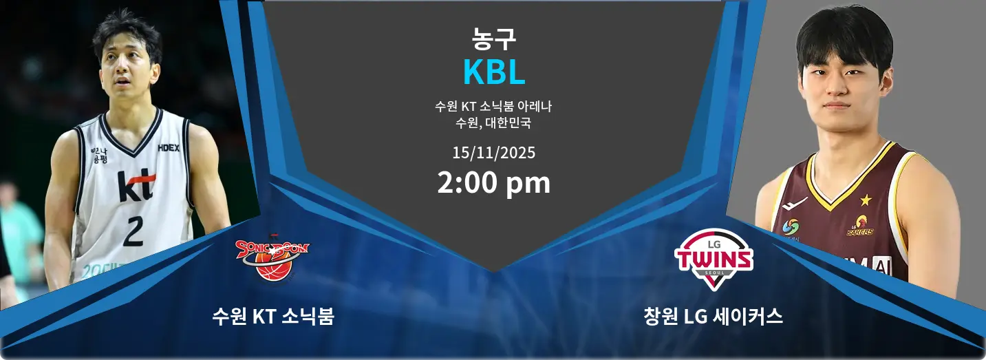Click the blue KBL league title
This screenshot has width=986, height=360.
pos(493,72)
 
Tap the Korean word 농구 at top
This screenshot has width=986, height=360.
pos(493,39)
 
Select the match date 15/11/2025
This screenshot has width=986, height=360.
pos(493,152)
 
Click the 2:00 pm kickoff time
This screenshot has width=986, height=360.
pos(493,183)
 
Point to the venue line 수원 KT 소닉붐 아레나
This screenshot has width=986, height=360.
pos(493,107)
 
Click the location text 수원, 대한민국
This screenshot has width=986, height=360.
pos(493,124)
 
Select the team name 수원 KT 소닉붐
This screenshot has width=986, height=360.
pos(273,317)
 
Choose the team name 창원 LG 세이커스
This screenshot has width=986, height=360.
pos(714,317)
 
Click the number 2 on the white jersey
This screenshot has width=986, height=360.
pos(133,231)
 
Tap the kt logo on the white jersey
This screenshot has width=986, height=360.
pos(136,186)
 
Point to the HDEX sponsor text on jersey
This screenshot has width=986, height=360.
pos(169,147)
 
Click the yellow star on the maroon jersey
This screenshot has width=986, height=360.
pos(865,200)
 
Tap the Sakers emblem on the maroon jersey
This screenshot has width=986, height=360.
pos(860,226)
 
